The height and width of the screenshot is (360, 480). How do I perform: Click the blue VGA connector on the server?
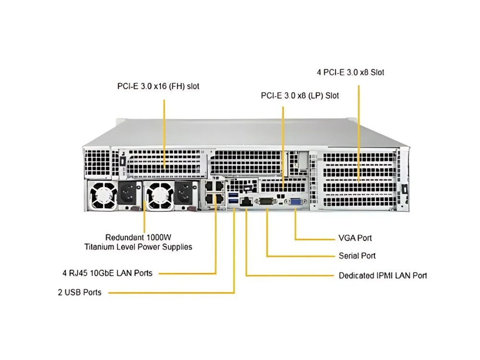(295, 203)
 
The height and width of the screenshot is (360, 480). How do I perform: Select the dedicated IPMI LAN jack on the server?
(247, 202)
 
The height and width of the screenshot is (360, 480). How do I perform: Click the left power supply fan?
(102, 195)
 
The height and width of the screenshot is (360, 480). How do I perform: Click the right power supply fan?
(157, 195)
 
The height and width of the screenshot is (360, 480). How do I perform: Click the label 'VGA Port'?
(355, 238)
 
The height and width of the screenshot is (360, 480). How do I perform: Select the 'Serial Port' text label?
(357, 256)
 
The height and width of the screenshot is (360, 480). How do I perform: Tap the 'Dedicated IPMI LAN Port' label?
(383, 276)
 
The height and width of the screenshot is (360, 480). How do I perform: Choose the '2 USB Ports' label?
(80, 292)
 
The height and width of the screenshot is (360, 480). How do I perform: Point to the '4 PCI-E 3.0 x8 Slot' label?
(350, 72)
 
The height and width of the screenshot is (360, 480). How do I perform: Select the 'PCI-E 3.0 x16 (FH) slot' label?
(158, 86)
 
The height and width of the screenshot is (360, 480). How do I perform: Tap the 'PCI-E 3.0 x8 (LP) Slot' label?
(300, 96)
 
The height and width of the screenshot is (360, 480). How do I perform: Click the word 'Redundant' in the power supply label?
(123, 237)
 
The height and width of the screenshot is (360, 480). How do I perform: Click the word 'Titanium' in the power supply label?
(99, 247)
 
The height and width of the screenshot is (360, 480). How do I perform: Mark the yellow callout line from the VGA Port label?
(314, 238)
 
